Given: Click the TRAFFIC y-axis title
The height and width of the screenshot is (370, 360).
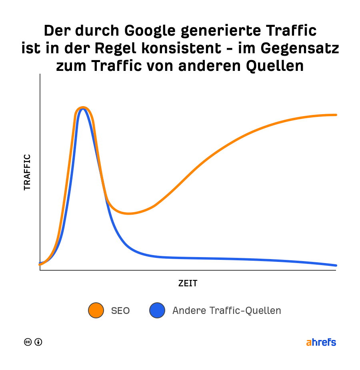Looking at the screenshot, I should tap(27, 172).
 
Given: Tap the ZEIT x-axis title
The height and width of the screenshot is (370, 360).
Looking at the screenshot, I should tap(188, 284).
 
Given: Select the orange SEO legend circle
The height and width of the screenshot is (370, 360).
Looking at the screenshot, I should tap(96, 310).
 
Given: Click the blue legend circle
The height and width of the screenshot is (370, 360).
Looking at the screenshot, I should tap(157, 310).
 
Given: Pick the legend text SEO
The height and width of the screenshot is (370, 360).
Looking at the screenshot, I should tap(120, 311).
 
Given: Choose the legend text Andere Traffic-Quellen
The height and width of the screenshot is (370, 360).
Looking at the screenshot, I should tap(226, 311).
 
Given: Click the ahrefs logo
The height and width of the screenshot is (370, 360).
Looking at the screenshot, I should tap(321, 342).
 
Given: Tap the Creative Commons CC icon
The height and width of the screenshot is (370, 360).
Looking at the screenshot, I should tap(28, 342).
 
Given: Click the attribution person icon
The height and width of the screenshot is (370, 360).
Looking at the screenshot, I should tap(38, 342).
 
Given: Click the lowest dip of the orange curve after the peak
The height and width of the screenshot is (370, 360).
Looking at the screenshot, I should tap(129, 213).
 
